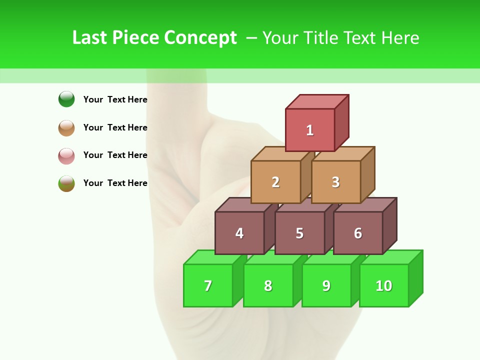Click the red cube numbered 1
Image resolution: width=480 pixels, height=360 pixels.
(310, 130)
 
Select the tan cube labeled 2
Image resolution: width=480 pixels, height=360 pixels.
(275, 182)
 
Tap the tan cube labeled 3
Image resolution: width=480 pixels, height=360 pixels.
(335, 182)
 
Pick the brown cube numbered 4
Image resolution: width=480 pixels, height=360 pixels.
(239, 233)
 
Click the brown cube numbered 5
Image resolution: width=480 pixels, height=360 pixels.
(299, 233)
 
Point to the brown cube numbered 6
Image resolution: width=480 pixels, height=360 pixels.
(358, 233)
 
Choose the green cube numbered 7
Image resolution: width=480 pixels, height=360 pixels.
(208, 285)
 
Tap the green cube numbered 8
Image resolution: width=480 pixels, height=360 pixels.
(268, 285)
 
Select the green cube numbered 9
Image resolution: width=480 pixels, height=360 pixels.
(326, 285)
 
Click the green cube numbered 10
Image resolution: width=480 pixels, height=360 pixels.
(384, 285)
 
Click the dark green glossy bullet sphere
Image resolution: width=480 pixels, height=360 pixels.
(66, 99)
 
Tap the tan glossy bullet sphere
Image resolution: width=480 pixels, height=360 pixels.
(66, 127)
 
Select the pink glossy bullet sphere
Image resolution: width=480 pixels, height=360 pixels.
(66, 155)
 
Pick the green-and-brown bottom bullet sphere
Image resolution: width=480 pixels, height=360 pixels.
(66, 183)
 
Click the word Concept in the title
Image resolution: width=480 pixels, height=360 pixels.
(200, 38)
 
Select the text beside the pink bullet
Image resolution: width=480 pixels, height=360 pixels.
(115, 155)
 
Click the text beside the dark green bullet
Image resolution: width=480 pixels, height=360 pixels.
(115, 99)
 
